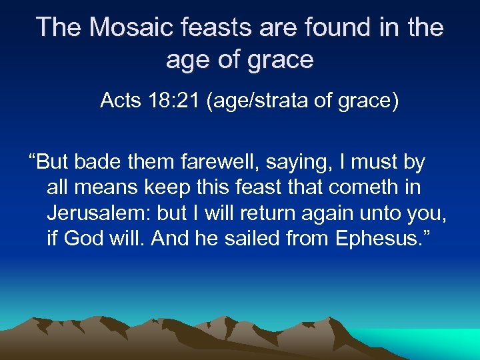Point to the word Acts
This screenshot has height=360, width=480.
(x=120, y=101)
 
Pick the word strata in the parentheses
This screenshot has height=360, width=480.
(x=295, y=101)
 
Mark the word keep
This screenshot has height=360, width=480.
(x=161, y=187)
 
